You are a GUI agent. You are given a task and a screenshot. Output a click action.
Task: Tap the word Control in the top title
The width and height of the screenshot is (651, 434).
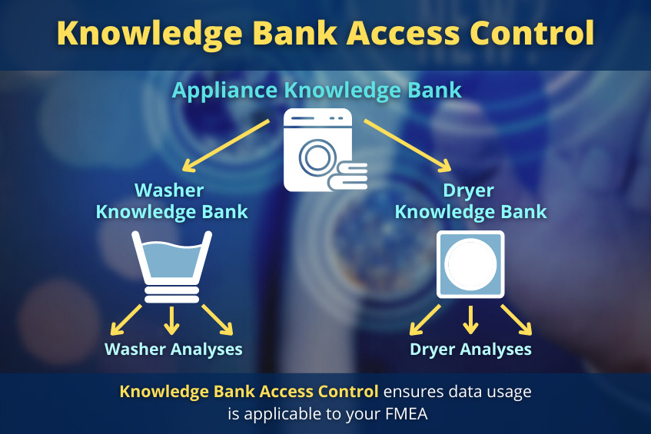tap(532, 33)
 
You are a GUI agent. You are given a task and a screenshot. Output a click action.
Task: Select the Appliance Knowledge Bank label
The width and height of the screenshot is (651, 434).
tap(317, 91)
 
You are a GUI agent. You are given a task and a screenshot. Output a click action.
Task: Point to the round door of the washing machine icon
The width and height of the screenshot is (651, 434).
tap(317, 157)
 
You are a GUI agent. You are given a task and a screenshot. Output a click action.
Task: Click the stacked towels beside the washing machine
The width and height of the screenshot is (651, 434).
tap(348, 176)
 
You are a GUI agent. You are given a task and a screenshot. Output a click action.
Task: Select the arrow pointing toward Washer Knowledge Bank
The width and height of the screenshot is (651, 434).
tap(226, 146)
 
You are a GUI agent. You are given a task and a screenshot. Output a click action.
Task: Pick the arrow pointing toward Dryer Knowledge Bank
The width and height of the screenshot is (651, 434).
tap(407, 146)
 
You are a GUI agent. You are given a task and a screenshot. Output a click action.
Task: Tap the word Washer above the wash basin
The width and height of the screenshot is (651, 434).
tap(169, 190)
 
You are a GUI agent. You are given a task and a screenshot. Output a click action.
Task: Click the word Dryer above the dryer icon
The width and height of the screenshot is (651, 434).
tap(468, 190)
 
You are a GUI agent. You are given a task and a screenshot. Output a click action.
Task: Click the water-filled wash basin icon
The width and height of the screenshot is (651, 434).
tap(171, 267)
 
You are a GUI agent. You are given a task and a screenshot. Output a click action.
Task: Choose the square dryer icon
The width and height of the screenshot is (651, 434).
tap(470, 264)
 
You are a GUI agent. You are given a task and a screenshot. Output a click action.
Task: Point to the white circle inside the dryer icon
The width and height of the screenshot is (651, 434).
tap(470, 264)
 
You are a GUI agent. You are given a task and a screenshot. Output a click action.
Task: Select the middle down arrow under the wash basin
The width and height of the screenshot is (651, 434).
tap(171, 320)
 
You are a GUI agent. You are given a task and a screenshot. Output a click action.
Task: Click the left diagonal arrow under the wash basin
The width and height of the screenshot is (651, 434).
tap(126, 320)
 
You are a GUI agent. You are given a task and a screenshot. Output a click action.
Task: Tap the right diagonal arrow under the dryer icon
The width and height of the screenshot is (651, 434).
tap(516, 320)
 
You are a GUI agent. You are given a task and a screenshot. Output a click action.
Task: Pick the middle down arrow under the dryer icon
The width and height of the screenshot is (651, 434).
tap(470, 320)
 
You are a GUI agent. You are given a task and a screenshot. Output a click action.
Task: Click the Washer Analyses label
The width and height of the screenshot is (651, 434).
tap(174, 350)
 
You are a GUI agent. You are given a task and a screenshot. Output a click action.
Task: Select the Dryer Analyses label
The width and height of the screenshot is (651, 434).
tap(471, 350)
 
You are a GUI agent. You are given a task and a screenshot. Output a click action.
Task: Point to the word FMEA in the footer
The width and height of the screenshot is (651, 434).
tap(407, 414)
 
